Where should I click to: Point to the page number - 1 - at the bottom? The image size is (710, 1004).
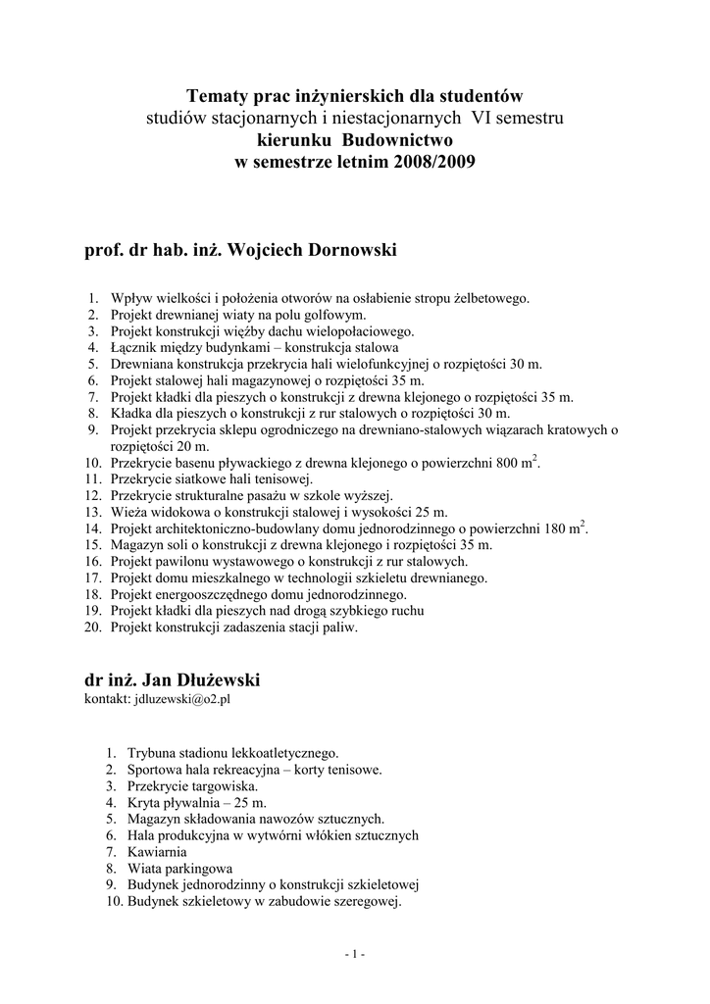point(355,954)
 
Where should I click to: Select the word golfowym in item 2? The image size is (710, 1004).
point(330,315)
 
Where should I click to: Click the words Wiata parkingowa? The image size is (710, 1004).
point(179,868)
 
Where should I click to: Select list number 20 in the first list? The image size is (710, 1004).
point(93,627)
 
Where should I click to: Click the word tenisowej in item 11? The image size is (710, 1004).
point(280,479)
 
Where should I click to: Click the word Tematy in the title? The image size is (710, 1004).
point(216,96)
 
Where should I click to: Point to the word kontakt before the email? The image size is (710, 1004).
point(105,701)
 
